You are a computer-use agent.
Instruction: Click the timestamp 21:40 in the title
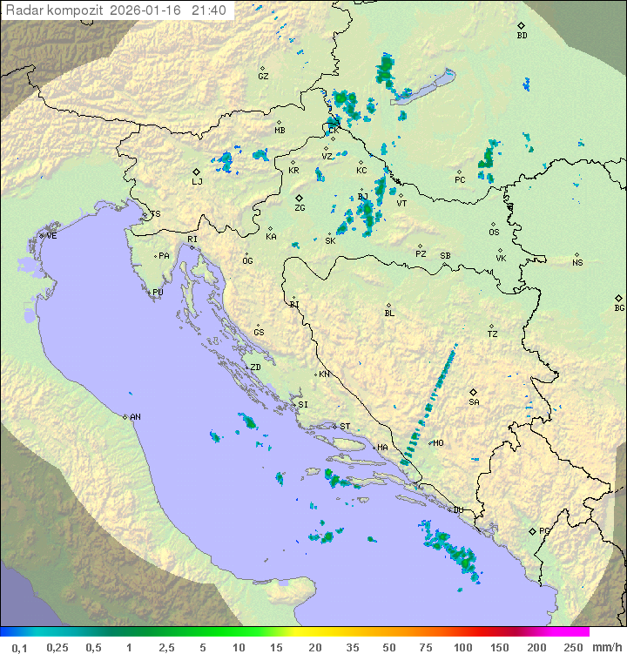tap(209, 10)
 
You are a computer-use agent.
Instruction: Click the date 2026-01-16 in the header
tap(149, 10)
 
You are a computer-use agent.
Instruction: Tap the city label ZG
tap(300, 208)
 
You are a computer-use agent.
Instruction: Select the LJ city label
tap(197, 182)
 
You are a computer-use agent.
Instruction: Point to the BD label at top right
tap(522, 36)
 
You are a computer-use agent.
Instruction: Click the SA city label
tap(474, 402)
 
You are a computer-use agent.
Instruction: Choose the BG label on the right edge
tap(619, 308)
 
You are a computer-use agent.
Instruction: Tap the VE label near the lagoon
tap(51, 236)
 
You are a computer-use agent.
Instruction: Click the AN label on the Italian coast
tap(135, 417)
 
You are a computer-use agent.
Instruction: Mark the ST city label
tap(345, 427)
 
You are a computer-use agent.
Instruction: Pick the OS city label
tap(494, 233)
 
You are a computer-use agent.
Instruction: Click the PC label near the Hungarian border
tap(460, 180)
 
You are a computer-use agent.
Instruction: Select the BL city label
tap(389, 314)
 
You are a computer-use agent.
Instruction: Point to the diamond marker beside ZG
tap(300, 198)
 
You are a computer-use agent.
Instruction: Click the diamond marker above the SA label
tap(474, 392)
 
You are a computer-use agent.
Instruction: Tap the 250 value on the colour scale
tap(573, 647)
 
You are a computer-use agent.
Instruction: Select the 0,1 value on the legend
tap(19, 647)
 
